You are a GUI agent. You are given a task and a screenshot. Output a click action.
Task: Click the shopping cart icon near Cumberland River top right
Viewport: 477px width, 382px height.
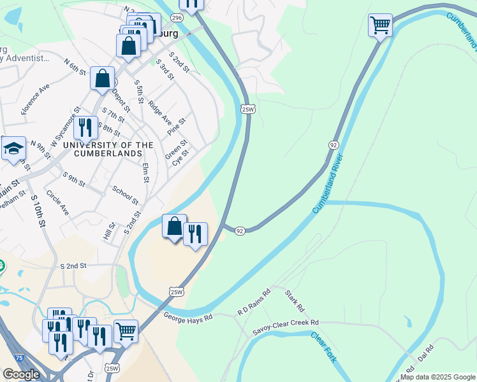coord(380,25)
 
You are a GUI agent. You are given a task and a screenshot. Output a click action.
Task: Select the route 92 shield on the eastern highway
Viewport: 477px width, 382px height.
coord(334,145)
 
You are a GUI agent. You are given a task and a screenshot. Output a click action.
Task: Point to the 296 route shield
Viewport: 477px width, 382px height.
coord(177,18)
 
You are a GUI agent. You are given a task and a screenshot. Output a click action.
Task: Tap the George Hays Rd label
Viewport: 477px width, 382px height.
coord(187,316)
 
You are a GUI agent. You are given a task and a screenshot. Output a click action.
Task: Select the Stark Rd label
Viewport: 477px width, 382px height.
coord(294,301)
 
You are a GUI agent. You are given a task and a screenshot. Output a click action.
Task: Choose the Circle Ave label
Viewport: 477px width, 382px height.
coord(57,202)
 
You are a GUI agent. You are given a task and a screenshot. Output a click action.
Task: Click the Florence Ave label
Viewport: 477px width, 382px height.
coord(35,98)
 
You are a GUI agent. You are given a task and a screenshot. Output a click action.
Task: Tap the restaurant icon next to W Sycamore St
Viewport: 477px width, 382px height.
coord(85,127)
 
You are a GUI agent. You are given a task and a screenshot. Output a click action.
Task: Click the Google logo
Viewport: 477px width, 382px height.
coord(21,374)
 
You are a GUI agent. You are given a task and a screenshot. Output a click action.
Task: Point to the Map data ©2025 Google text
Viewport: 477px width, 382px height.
coord(437,377)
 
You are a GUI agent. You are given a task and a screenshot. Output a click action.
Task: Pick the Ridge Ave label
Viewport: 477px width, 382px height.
coord(160,111)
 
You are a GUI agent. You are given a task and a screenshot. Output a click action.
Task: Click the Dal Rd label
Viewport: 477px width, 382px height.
coord(425,353)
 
